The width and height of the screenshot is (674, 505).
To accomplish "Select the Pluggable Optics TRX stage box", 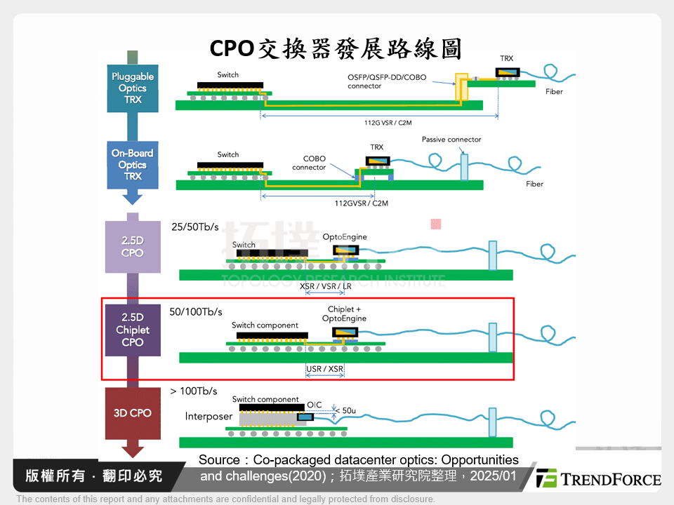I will coord(132,88).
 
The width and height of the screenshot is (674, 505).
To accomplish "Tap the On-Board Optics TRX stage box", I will coord(132,164).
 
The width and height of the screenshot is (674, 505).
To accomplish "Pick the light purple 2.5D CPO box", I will coord(132,247).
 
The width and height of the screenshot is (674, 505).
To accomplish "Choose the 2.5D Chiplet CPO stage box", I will coord(132,330).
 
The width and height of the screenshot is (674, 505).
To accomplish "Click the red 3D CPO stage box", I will coord(132,413).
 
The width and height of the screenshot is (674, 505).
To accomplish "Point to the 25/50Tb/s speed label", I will coord(195,227).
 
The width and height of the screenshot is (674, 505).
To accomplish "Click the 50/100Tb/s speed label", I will coord(196,311).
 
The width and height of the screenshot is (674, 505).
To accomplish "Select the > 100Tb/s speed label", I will coord(194,391).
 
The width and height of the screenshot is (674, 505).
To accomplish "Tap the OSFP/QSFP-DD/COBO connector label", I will coord(385,81).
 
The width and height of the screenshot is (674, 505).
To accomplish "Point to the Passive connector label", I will coord(451,140).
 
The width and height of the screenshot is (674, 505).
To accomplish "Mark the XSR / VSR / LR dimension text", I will coord(326,287).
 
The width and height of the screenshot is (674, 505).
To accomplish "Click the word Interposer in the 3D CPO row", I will coord(209,417).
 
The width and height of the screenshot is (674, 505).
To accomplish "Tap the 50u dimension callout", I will coord(348,410).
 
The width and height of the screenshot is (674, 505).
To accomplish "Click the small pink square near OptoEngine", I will coord(435,224).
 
